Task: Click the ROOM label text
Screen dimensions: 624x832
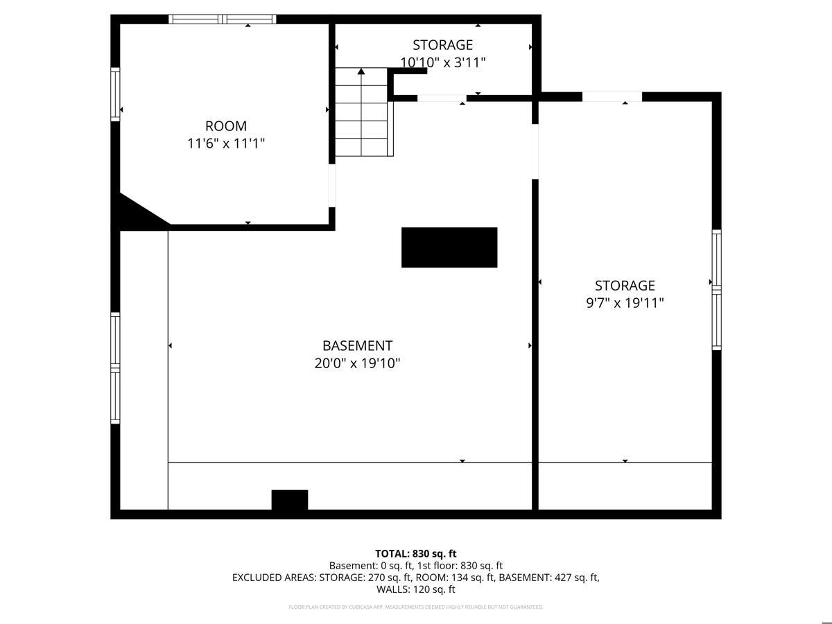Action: coord(225,126)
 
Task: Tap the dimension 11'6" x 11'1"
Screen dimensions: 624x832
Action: coord(226,144)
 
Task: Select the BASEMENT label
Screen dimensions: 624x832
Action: coord(357,345)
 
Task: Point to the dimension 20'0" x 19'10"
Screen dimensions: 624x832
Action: coord(357,363)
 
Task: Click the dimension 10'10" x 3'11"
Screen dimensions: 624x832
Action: coord(443,62)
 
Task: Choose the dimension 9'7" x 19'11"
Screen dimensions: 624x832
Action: coord(625,303)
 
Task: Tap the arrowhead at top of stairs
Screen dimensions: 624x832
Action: coord(361,71)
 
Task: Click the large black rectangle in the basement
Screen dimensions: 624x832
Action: coord(449,248)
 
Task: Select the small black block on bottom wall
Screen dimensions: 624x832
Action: coord(289,500)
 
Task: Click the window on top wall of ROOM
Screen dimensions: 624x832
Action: coord(223,19)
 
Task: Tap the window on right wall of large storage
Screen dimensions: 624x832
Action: coord(717,289)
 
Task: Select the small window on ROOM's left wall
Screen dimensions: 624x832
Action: coord(116,94)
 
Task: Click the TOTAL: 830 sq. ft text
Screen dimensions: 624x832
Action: coord(415,553)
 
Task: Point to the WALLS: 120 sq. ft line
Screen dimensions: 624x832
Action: coord(415,589)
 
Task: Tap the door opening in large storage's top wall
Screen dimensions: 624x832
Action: coord(612,97)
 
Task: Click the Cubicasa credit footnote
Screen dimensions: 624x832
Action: coord(415,607)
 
